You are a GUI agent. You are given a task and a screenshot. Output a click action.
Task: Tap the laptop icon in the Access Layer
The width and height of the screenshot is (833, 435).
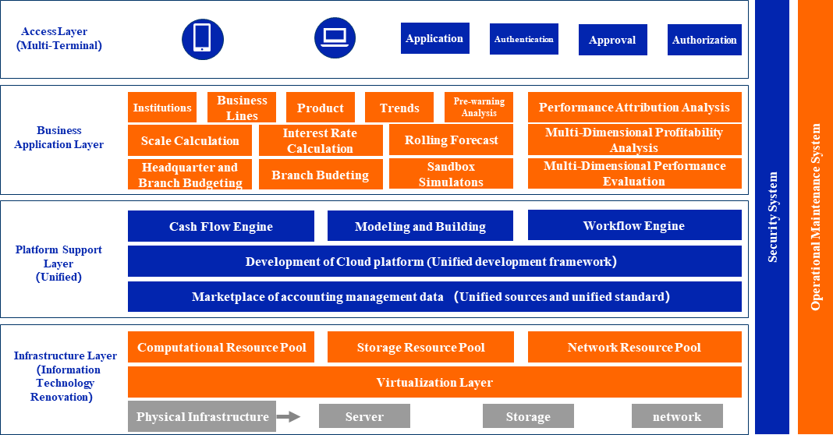tap(335, 37)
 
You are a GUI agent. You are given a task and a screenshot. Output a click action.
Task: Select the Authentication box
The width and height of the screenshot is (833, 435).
tap(524, 39)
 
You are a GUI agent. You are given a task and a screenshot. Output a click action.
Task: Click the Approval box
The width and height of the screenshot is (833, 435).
tap(612, 40)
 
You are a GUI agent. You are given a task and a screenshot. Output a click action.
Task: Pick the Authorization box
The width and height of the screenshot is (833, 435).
tap(704, 40)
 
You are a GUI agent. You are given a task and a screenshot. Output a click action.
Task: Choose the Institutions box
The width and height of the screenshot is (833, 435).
tap(162, 108)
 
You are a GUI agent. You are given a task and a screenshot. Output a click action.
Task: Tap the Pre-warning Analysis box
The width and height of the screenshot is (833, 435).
tap(479, 108)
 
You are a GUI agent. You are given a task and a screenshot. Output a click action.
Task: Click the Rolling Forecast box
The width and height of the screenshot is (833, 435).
tap(452, 140)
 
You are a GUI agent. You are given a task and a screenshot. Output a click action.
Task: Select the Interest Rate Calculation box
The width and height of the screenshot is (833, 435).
tap(320, 141)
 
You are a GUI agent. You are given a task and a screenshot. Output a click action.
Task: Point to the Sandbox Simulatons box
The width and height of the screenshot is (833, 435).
tap(451, 175)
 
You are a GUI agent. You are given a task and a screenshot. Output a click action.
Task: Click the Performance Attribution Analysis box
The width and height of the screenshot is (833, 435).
tap(634, 108)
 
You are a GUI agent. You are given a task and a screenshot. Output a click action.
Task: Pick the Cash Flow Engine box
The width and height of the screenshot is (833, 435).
tap(221, 226)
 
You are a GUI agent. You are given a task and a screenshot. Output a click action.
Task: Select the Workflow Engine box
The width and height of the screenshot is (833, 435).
tap(634, 225)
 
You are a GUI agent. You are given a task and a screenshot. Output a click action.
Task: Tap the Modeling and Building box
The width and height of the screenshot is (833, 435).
tap(420, 226)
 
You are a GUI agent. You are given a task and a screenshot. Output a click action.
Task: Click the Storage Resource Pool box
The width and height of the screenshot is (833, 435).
tap(420, 347)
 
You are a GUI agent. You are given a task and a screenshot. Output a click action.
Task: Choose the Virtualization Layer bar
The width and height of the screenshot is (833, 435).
tap(434, 382)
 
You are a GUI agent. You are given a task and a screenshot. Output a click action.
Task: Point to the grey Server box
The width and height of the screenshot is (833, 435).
tap(364, 416)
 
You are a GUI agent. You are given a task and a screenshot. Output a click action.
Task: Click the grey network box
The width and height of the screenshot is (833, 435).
tap(677, 416)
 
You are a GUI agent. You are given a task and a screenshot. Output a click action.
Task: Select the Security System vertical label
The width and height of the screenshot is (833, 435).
tap(772, 217)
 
